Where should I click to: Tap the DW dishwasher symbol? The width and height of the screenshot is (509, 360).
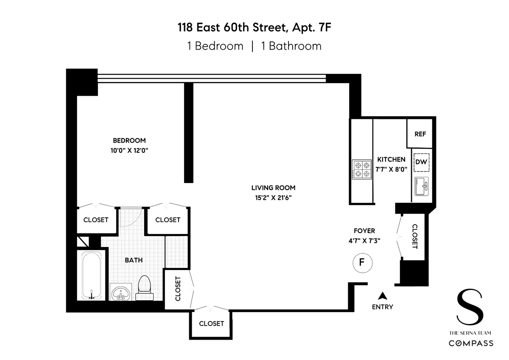421,162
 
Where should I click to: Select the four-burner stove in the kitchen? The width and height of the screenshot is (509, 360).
362,169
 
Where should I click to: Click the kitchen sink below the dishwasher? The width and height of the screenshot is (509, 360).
422,186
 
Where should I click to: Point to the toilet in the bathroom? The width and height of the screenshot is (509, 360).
145,288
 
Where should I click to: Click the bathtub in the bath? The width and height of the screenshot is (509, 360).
91,275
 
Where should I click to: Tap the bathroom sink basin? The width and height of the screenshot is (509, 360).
121,292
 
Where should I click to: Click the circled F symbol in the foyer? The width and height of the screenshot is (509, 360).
362,263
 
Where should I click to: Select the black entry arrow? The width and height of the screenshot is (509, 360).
383,295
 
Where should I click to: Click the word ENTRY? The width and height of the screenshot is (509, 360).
383,307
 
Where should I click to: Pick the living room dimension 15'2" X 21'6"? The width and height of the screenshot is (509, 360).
273,198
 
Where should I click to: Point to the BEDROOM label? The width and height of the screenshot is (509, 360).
129,141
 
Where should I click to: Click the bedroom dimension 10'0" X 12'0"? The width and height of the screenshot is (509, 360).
129,151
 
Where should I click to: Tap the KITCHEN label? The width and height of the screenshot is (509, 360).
391,160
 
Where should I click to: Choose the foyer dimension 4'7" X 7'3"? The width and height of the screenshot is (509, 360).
364,241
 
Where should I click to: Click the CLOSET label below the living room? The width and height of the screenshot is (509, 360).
211,323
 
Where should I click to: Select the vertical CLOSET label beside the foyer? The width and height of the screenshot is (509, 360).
415,236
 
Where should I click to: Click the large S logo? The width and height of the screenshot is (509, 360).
470,307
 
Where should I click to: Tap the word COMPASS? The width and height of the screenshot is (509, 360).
470,343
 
